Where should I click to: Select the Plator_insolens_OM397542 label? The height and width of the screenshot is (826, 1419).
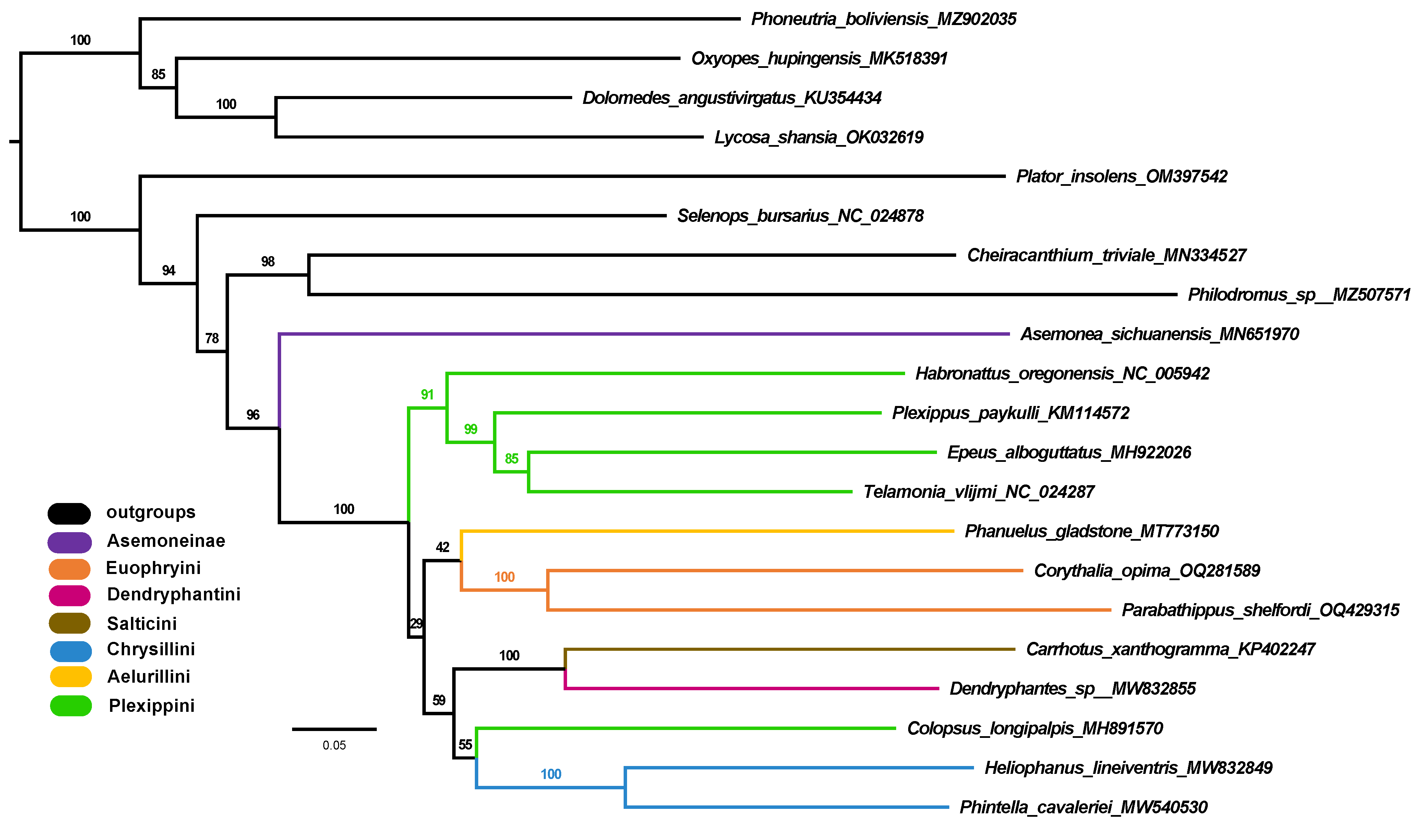point(1121,176)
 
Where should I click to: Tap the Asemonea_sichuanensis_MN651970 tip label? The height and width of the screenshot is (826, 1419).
point(1159,334)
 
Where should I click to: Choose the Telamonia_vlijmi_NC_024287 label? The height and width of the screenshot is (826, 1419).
point(978,492)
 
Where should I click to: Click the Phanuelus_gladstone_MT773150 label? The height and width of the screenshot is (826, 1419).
point(1091,531)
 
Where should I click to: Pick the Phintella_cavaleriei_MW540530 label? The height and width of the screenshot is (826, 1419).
point(1083,807)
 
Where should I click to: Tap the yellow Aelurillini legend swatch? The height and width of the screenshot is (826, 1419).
point(70,676)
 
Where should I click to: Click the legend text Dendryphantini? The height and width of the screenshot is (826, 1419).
point(173,594)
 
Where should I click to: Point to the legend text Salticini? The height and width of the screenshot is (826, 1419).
point(142,623)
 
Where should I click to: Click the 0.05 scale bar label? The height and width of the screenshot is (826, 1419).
point(334,745)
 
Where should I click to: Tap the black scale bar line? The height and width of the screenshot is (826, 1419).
point(334,729)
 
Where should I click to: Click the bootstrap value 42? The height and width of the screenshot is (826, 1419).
point(443,547)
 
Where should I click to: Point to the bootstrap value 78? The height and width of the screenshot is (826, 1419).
point(212,338)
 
